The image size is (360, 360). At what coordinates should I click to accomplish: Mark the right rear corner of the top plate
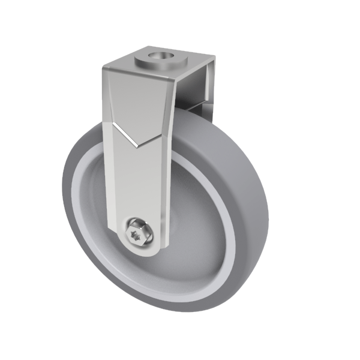212,59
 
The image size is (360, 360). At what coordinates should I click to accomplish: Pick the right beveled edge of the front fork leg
167,180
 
